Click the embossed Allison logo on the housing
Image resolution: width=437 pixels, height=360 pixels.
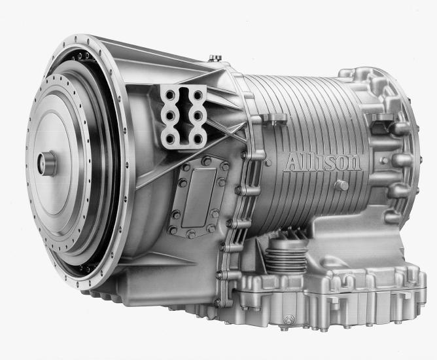(322, 162)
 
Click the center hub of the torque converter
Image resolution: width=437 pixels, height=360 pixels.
(47, 164)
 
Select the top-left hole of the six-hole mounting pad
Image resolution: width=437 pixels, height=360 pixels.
(169, 96)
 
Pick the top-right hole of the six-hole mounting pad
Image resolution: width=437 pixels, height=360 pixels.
(198, 95)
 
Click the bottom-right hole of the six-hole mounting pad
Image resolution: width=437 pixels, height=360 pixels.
(198, 137)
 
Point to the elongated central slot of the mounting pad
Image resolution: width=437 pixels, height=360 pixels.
(184, 116)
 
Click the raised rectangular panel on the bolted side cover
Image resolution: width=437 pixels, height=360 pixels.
(198, 198)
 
